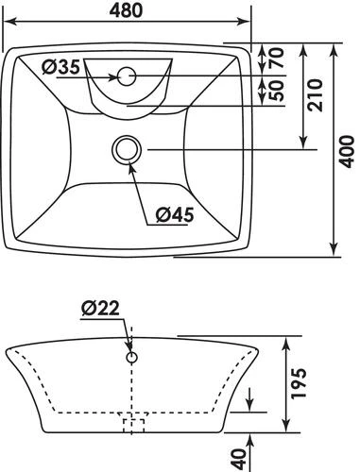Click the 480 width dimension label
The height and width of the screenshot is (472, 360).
[x=126, y=10]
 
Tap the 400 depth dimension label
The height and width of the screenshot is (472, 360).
[x=347, y=152]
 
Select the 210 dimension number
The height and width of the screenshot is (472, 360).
[x=316, y=95]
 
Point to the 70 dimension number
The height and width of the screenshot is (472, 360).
[x=277, y=58]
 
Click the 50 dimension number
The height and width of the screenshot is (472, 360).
[x=277, y=91]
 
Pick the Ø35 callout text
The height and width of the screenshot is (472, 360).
[x=61, y=67]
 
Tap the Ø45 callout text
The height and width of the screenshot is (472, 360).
[x=175, y=215]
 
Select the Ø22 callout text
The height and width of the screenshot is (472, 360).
[x=100, y=308]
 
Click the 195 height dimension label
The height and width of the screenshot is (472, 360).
[x=299, y=383]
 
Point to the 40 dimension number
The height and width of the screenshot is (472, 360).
[x=238, y=460]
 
